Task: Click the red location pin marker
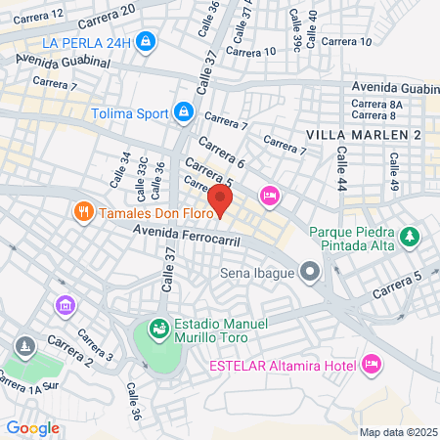point(221,201)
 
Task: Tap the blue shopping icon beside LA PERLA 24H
point(146,41)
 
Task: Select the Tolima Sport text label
point(130,112)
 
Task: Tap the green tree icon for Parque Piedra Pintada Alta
point(410,237)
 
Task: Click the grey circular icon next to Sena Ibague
point(310,270)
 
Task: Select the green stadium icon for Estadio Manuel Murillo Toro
point(158,326)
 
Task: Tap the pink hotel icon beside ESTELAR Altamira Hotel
point(371,365)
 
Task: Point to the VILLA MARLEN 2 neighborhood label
point(363,134)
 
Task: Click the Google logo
point(32,427)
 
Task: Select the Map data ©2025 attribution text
point(397,432)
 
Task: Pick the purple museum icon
point(66,306)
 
